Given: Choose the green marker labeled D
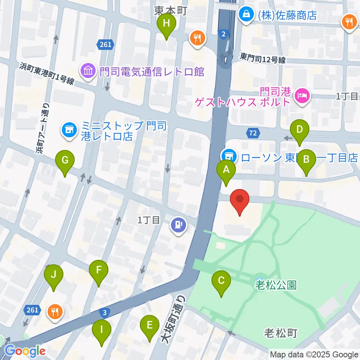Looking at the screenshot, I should [x=299, y=130].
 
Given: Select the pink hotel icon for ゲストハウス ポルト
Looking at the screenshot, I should [x=302, y=96].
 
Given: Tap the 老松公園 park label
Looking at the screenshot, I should [x=276, y=285].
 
